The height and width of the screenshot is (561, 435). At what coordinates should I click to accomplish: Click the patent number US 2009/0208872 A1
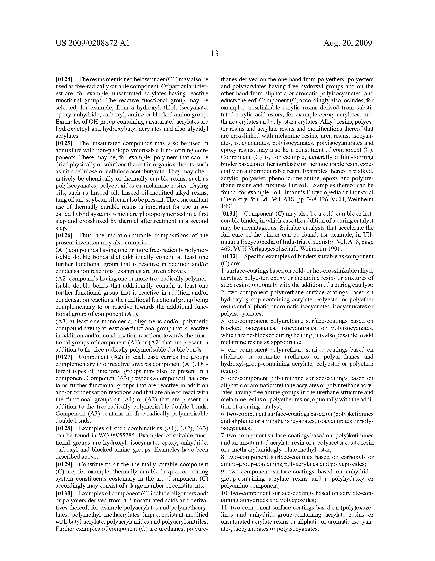click(92, 43)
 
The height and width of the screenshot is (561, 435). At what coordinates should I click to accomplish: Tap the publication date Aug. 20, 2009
click(347, 43)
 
